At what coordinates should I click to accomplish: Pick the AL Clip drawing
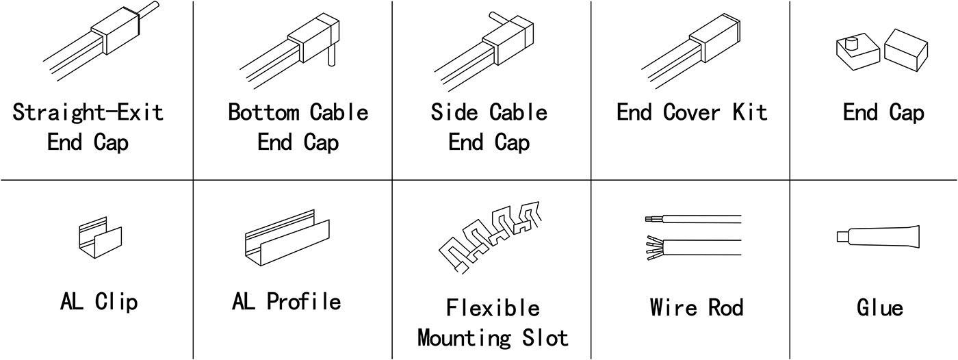[x=100, y=237]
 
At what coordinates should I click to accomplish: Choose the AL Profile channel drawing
[x=287, y=238]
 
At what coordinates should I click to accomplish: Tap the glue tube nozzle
[x=842, y=237]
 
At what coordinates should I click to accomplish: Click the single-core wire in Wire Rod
[x=693, y=219]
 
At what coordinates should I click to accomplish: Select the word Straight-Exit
[x=88, y=112]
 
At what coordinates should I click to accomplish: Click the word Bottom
[x=263, y=112]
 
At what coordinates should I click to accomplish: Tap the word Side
[x=454, y=112]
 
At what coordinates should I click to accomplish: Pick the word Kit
[x=750, y=112]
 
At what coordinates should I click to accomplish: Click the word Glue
[x=880, y=307]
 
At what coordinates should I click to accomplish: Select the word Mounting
[x=464, y=339]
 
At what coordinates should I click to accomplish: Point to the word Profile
[x=304, y=301]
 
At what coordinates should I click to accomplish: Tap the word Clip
[x=116, y=302]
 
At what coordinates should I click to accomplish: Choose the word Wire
[x=673, y=307]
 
